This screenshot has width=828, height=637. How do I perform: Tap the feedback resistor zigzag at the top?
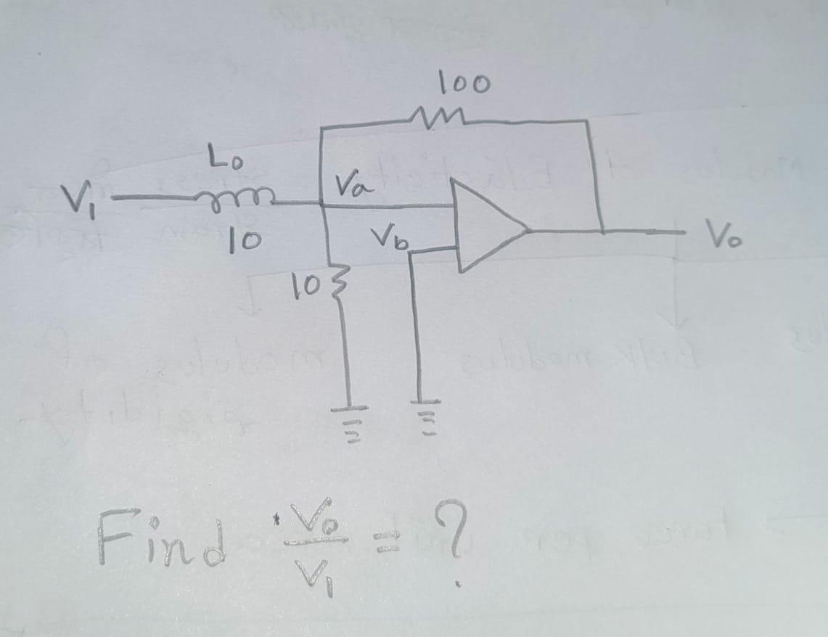click(435, 116)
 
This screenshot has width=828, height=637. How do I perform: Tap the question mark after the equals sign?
click(454, 533)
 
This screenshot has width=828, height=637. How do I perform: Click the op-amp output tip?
click(528, 231)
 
